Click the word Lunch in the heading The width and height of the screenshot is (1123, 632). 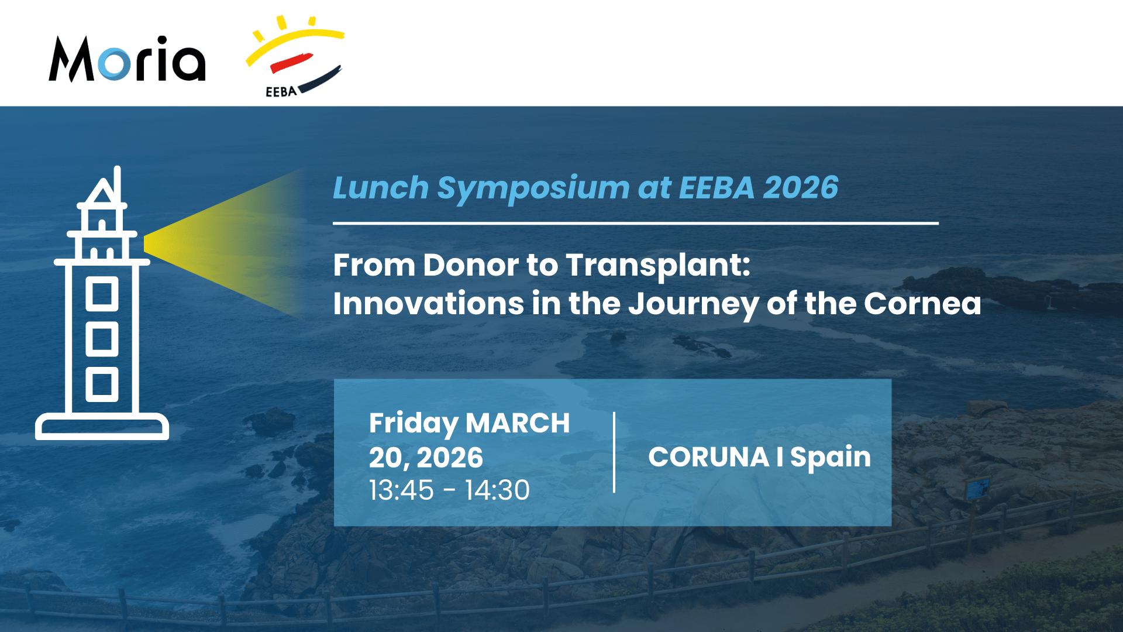(381, 188)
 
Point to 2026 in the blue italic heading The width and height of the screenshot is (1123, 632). (800, 188)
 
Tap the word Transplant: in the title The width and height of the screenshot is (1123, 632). (658, 266)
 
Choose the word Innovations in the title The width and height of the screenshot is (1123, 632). (428, 304)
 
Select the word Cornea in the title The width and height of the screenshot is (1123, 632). (922, 304)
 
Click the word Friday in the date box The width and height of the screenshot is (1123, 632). (414, 424)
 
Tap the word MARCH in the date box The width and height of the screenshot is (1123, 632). (518, 423)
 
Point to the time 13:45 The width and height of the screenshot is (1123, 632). (401, 490)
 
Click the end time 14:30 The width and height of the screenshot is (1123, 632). (497, 490)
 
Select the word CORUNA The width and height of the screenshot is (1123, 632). (708, 457)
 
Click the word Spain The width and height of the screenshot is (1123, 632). (831, 458)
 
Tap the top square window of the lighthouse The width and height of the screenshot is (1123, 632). (102, 293)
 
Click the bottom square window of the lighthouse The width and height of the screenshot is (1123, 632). (102, 384)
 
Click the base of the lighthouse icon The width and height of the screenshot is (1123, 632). (102, 427)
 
